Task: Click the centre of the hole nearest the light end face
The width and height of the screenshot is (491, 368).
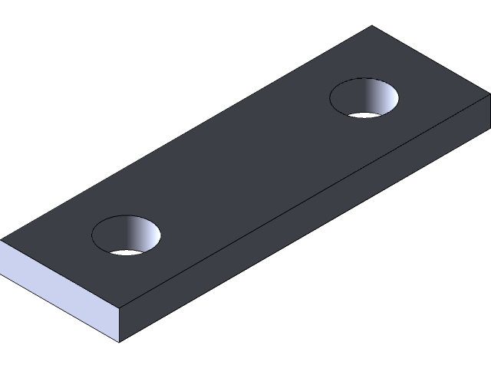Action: click(126, 235)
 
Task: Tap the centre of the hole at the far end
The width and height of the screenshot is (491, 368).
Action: click(364, 97)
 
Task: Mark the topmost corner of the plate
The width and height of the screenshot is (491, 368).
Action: click(372, 27)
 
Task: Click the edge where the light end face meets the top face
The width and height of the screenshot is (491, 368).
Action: click(60, 274)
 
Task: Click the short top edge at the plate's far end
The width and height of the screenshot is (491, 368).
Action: click(430, 61)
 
